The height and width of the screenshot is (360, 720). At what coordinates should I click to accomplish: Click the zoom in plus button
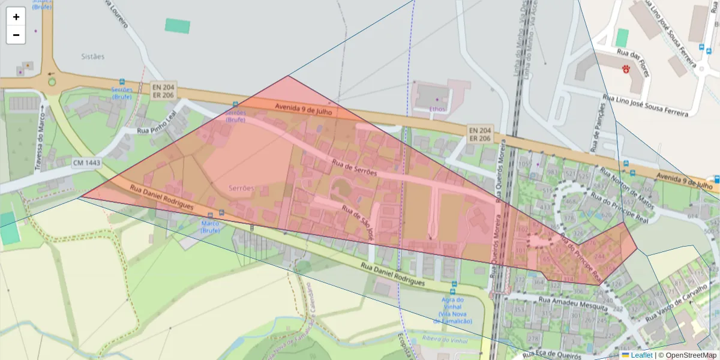pos(16,17)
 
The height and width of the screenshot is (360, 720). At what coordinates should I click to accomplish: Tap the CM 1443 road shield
pos(87,163)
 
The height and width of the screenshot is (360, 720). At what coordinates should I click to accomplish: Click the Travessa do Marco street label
pos(40,137)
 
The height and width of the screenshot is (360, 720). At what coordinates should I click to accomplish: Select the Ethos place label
pos(438,109)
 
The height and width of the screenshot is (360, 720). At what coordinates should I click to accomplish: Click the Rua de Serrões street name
pos(354,167)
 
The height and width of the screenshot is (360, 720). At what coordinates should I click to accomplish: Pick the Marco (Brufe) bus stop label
pos(210,227)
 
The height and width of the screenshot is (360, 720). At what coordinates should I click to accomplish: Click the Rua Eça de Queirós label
pos(556,355)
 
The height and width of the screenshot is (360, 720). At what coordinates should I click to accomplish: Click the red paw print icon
pos(626,70)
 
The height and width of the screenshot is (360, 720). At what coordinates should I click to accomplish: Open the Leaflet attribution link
pos(641,355)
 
